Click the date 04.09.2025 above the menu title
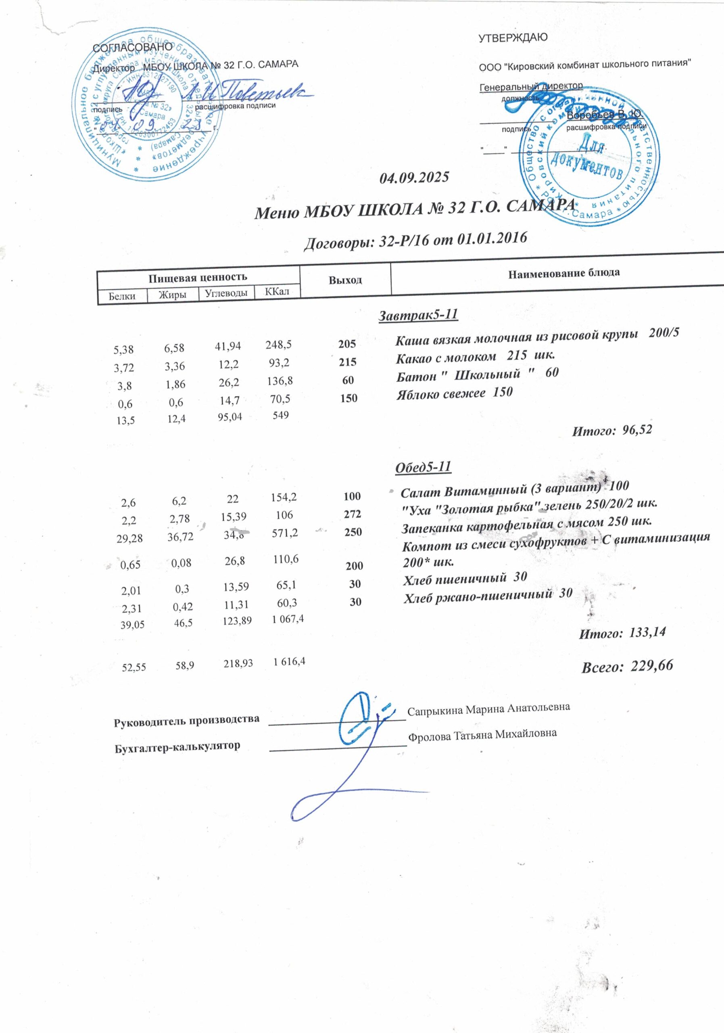click(414, 177)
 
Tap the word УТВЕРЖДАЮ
click(513, 38)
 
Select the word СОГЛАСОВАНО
click(132, 47)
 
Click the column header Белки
click(122, 297)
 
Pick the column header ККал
click(277, 292)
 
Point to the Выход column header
click(345, 280)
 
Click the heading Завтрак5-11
click(418, 314)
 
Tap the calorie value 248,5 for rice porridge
click(278, 345)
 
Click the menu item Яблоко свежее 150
click(454, 393)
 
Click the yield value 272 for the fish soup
click(352, 514)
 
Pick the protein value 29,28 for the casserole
click(129, 539)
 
